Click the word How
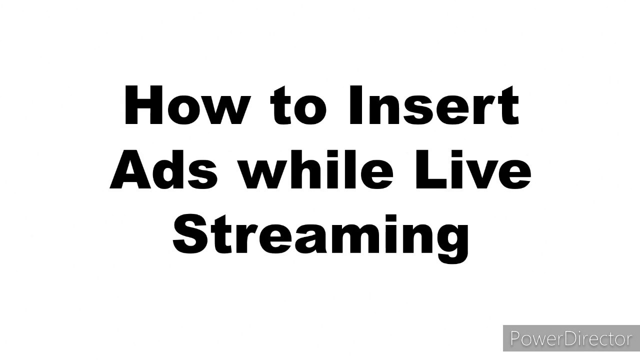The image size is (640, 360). (x=185, y=106)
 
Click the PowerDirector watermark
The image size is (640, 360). (x=571, y=338)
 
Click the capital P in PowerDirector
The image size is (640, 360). (x=515, y=338)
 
